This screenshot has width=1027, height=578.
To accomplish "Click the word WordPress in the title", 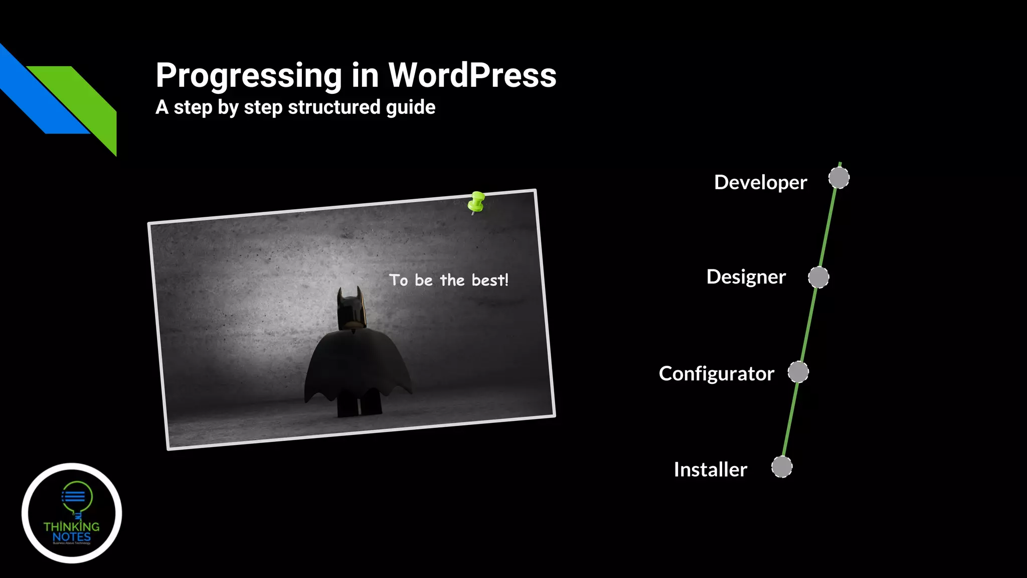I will pyautogui.click(x=472, y=75).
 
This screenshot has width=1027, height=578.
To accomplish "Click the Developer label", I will pyautogui.click(x=760, y=182).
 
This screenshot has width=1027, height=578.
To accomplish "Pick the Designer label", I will pyautogui.click(x=746, y=277).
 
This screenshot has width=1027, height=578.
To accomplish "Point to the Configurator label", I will pyautogui.click(x=716, y=374).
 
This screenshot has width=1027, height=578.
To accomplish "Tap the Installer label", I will pyautogui.click(x=710, y=470).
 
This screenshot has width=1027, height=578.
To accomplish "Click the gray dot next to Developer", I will pyautogui.click(x=839, y=178).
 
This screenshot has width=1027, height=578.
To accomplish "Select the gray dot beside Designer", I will pyautogui.click(x=818, y=277).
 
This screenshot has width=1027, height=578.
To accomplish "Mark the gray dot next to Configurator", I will pyautogui.click(x=798, y=372).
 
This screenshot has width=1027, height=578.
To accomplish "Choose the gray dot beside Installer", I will pyautogui.click(x=782, y=467).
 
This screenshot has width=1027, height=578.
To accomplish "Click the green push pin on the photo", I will pyautogui.click(x=476, y=202).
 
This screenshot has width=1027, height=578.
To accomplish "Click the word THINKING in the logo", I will pyautogui.click(x=71, y=526).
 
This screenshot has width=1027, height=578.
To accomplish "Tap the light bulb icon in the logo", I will pyautogui.click(x=76, y=497).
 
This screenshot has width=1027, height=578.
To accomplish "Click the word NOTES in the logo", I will pyautogui.click(x=71, y=537).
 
